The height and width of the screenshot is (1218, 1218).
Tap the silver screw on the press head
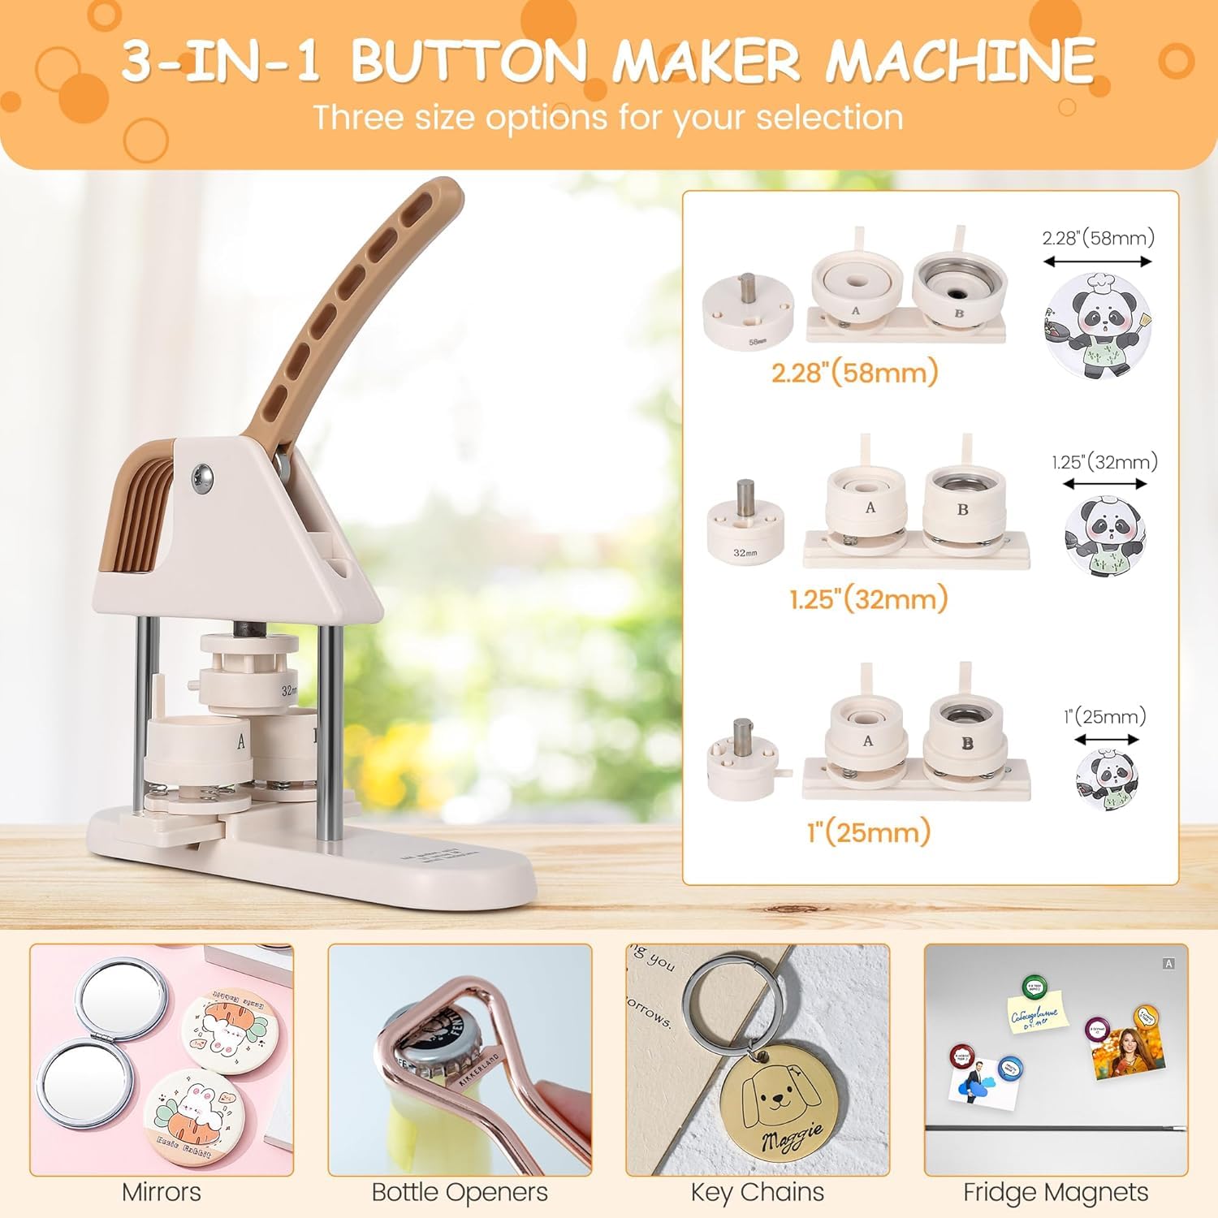click(x=202, y=478)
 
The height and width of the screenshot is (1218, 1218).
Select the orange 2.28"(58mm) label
click(x=854, y=373)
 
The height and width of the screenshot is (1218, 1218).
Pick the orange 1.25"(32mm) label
click(x=868, y=599)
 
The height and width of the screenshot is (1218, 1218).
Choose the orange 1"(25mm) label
click(x=868, y=831)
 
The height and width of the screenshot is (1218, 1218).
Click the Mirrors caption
click(x=162, y=1192)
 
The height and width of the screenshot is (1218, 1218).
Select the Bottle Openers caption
click(x=460, y=1192)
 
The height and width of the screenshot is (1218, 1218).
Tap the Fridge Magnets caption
click(x=1056, y=1192)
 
